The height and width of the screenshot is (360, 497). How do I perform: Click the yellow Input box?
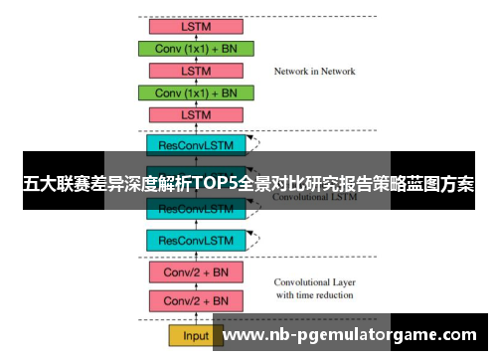[x=196, y=335]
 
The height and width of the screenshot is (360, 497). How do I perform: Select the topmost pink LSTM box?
[x=196, y=26]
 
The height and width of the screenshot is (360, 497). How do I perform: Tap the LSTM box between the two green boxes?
[x=196, y=71]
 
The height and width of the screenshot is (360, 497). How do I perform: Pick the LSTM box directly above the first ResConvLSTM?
[x=196, y=115]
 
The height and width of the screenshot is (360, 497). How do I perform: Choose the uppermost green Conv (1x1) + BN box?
[x=196, y=48]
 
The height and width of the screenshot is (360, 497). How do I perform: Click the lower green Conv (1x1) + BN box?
[x=196, y=92]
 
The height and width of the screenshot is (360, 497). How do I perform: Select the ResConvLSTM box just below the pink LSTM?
[x=196, y=145]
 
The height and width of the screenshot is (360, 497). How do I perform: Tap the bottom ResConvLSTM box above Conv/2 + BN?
[x=196, y=240]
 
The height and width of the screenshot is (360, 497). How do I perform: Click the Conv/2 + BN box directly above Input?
[x=196, y=301]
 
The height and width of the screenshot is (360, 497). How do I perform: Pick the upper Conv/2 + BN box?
[x=196, y=270]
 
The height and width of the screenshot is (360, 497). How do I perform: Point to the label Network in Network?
[x=314, y=72]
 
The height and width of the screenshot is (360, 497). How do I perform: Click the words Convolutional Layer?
[x=314, y=281]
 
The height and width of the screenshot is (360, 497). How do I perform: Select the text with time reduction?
[x=314, y=295]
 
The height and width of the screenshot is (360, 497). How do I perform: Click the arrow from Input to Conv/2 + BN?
[x=196, y=318]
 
